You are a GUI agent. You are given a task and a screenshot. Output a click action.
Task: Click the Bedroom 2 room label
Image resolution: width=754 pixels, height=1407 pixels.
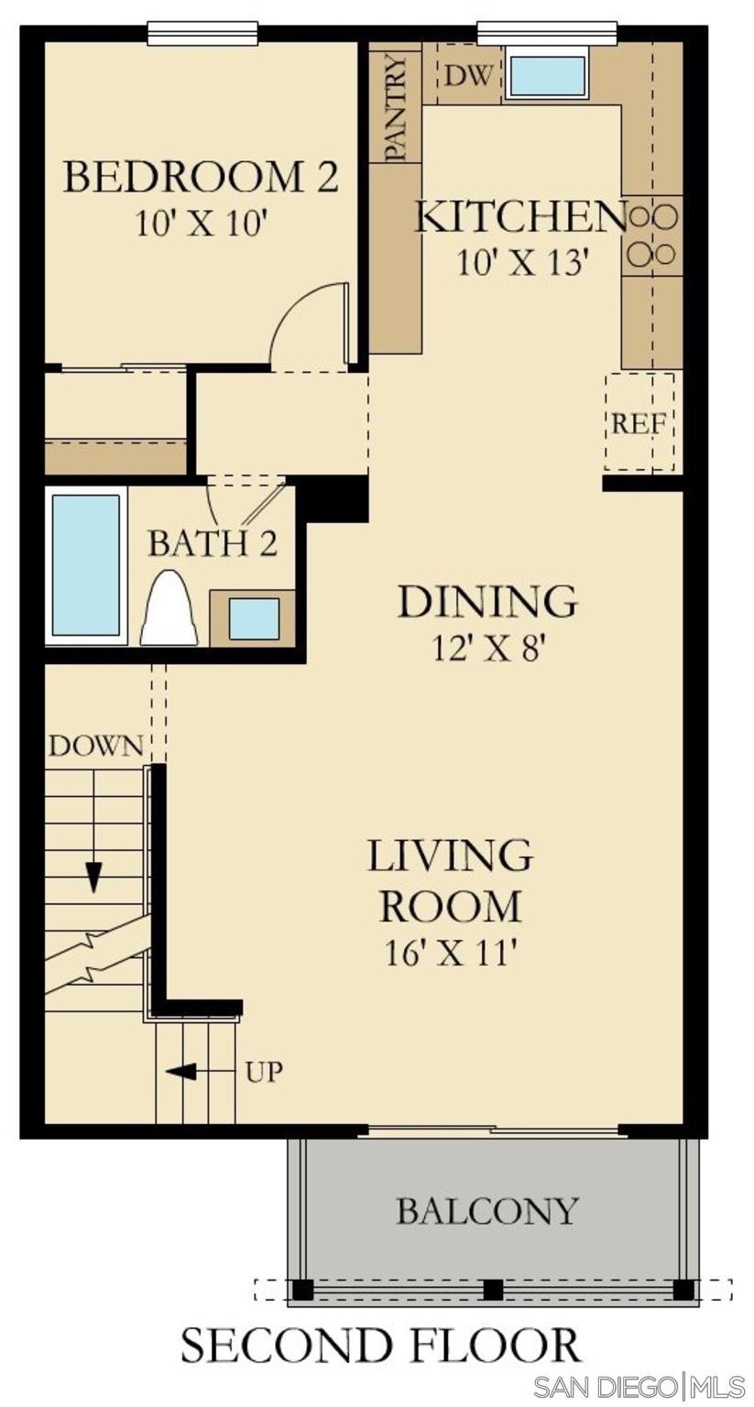point(201,177)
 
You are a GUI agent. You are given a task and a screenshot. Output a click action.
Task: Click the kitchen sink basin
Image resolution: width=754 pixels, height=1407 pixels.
point(547,76)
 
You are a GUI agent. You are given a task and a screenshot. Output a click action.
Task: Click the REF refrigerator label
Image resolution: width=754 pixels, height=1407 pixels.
point(639,424)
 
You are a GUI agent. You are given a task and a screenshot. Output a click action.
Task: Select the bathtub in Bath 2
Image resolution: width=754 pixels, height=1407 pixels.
point(86,564)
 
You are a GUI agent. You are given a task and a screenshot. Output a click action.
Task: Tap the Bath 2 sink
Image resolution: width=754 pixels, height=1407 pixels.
point(253,618)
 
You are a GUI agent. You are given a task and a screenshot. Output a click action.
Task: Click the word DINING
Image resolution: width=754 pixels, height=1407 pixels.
point(487,601)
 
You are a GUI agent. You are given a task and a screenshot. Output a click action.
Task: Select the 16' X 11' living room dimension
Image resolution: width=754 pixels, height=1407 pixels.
point(451,957)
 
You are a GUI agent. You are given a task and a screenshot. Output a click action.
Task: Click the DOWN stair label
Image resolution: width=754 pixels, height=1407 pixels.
point(96,746)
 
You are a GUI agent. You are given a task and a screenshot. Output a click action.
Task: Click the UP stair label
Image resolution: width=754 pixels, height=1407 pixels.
point(263,1073)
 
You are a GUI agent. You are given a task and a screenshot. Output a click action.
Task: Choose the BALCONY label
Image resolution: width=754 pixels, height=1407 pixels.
point(487,1210)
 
